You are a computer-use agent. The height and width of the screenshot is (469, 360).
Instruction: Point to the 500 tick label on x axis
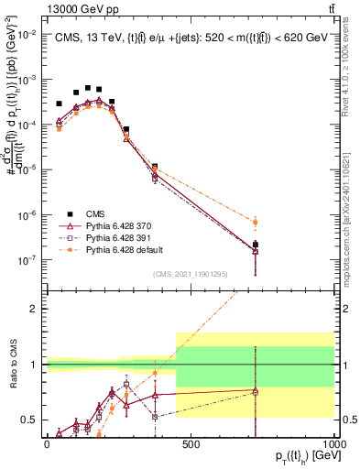tap(191, 443)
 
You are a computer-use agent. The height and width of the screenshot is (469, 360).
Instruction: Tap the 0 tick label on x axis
tap(47, 443)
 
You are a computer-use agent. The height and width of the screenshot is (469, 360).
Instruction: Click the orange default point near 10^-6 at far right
tap(332, 222)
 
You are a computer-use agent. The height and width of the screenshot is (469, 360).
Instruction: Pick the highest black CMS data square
tap(88, 88)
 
